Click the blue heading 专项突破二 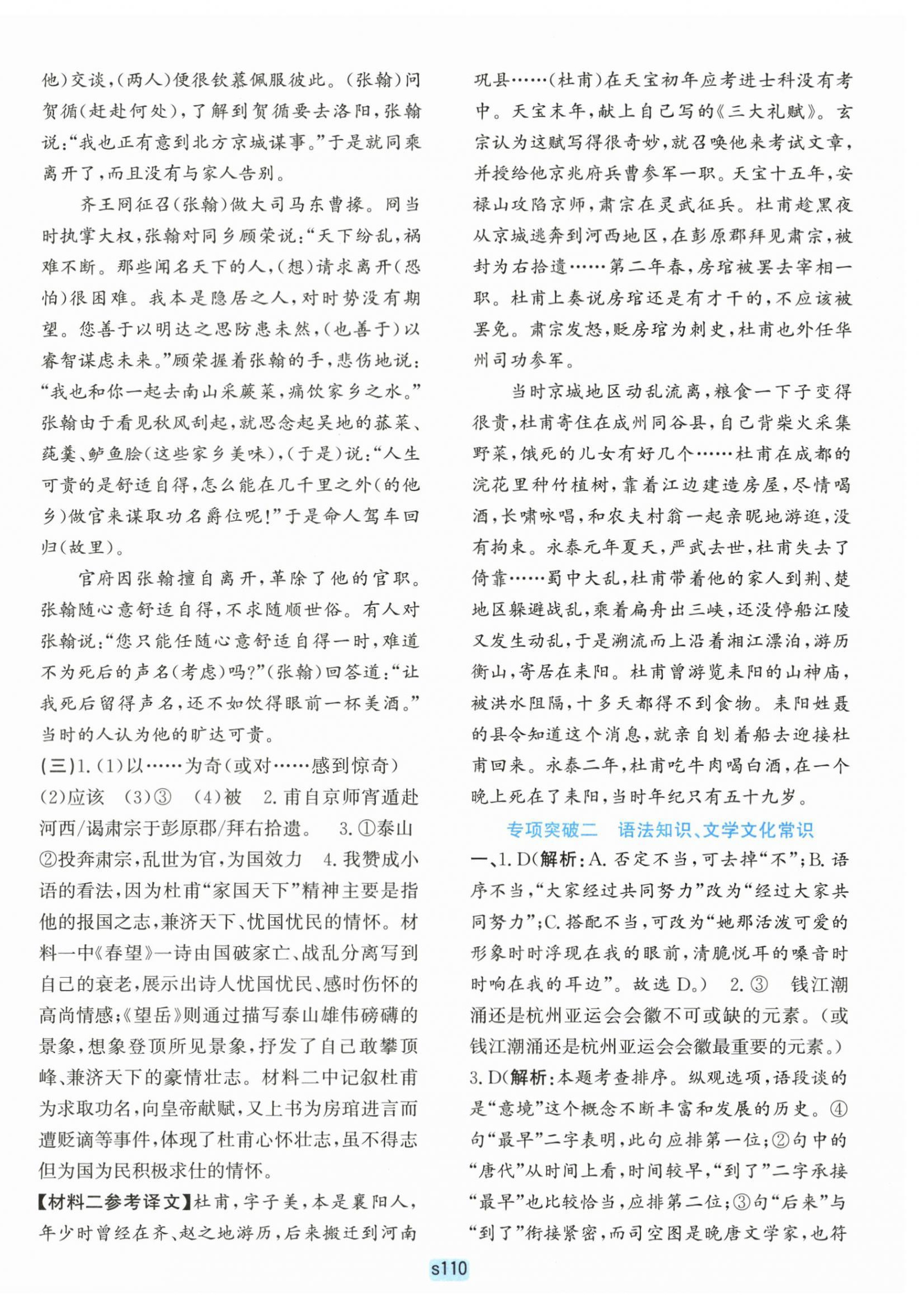point(552,830)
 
